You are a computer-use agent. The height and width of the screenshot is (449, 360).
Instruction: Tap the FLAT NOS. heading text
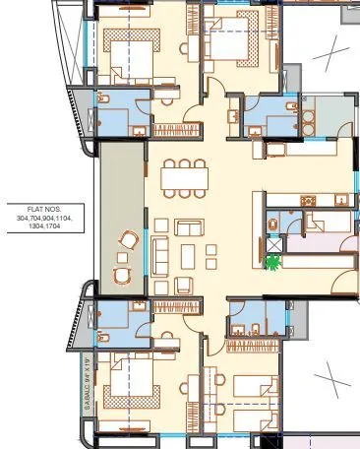coord(43,209)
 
